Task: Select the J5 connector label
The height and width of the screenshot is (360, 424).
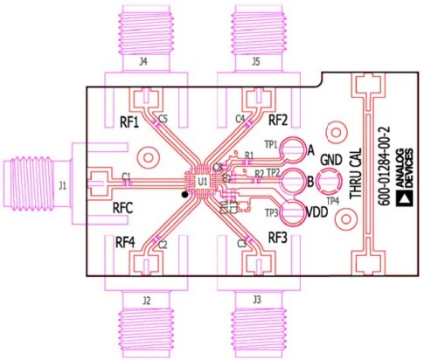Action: [255, 62]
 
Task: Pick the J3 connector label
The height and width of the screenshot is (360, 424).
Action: [256, 300]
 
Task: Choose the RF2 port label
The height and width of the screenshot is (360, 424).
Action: [278, 120]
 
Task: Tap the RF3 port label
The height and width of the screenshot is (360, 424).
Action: [278, 237]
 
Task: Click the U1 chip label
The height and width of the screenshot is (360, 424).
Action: [202, 181]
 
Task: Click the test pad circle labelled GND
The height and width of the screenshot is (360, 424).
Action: [329, 183]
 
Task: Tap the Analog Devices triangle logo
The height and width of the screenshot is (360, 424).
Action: [405, 199]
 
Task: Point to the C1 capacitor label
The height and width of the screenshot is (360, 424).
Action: [127, 177]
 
